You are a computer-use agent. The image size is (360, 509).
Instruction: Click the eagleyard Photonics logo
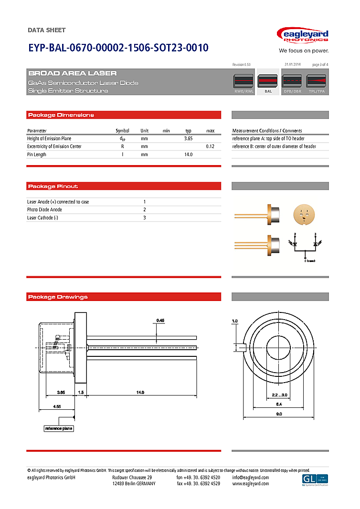click(303, 36)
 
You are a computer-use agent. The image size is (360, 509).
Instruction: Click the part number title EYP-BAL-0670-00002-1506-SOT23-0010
click(118, 48)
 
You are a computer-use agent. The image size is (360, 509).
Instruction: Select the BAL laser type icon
click(268, 82)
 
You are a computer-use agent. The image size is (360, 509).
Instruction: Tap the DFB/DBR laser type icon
click(292, 82)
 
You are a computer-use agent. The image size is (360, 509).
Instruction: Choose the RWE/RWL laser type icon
click(244, 82)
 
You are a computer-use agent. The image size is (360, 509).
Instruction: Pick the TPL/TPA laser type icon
click(316, 82)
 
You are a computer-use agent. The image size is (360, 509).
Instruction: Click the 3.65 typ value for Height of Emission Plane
click(188, 139)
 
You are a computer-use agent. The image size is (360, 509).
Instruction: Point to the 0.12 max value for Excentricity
click(210, 146)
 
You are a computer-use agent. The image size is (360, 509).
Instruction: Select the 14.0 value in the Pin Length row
click(188, 155)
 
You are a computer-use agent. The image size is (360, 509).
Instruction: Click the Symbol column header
click(122, 131)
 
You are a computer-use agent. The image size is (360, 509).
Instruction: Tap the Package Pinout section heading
click(53, 187)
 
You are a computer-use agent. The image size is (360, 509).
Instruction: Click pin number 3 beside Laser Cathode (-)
click(145, 218)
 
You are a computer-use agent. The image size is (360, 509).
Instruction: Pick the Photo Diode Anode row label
click(44, 210)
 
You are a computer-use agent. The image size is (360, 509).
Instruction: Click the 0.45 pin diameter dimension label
click(160, 320)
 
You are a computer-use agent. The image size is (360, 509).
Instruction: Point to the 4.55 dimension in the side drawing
click(56, 407)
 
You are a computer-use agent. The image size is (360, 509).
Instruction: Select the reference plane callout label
click(59, 428)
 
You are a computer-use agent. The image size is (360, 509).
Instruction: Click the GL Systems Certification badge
click(315, 480)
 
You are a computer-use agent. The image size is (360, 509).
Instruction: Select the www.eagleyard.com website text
click(250, 484)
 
